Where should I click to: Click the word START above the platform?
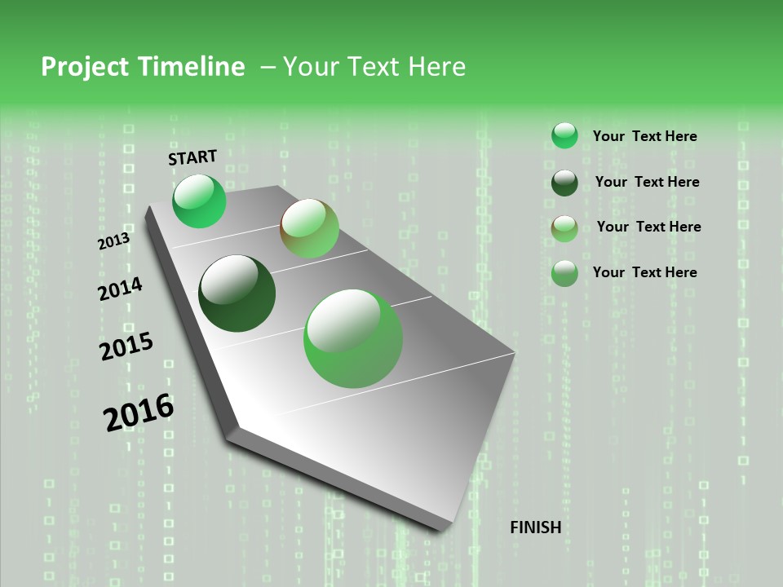pos(192,157)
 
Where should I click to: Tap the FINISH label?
pos(535,527)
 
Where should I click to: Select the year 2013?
pos(113,241)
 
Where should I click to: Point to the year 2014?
pos(120,289)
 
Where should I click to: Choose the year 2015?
pos(126,346)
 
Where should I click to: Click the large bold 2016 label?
pos(139,413)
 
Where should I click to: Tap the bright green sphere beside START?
pos(199,201)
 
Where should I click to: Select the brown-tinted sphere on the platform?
pos(309,227)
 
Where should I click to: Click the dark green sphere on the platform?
pos(237,293)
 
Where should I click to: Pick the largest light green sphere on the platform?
pos(353,338)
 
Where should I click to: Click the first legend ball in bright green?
pos(564,135)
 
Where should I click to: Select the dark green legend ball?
pos(564,183)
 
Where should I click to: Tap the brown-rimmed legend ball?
pos(564,228)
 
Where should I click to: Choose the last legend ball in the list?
pos(564,273)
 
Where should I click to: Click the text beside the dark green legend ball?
pos(647,182)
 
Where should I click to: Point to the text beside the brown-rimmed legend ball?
pos(648,227)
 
